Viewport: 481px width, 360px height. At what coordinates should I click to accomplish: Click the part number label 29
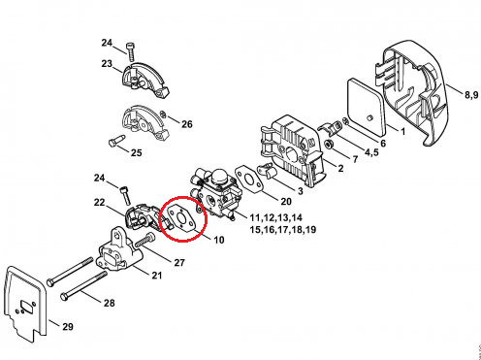pyautogui.click(x=68, y=326)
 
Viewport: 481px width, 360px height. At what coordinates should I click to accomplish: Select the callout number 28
pyautogui.click(x=110, y=303)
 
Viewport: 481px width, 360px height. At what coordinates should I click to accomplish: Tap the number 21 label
pyautogui.click(x=157, y=276)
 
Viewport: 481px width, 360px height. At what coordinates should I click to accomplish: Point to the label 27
pyautogui.click(x=179, y=262)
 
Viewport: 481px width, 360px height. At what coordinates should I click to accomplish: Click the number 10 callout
pyautogui.click(x=219, y=240)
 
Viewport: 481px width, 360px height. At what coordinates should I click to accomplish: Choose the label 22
pyautogui.click(x=100, y=203)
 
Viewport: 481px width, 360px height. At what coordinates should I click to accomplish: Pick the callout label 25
pyautogui.click(x=137, y=152)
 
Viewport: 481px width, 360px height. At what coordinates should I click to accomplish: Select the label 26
pyautogui.click(x=186, y=124)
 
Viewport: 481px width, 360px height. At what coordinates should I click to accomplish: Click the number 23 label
pyautogui.click(x=107, y=64)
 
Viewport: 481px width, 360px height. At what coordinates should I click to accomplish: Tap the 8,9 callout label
pyautogui.click(x=471, y=95)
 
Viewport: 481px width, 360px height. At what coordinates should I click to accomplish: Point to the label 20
pyautogui.click(x=286, y=201)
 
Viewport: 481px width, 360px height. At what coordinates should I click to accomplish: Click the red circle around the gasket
pyautogui.click(x=183, y=197)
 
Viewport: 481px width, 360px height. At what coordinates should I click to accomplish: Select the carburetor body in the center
pyautogui.click(x=216, y=194)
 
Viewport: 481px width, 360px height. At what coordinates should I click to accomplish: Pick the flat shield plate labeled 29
pyautogui.click(x=26, y=304)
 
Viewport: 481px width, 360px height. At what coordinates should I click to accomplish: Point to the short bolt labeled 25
pyautogui.click(x=116, y=141)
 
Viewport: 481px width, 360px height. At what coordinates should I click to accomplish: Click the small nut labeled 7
pyautogui.click(x=330, y=144)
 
